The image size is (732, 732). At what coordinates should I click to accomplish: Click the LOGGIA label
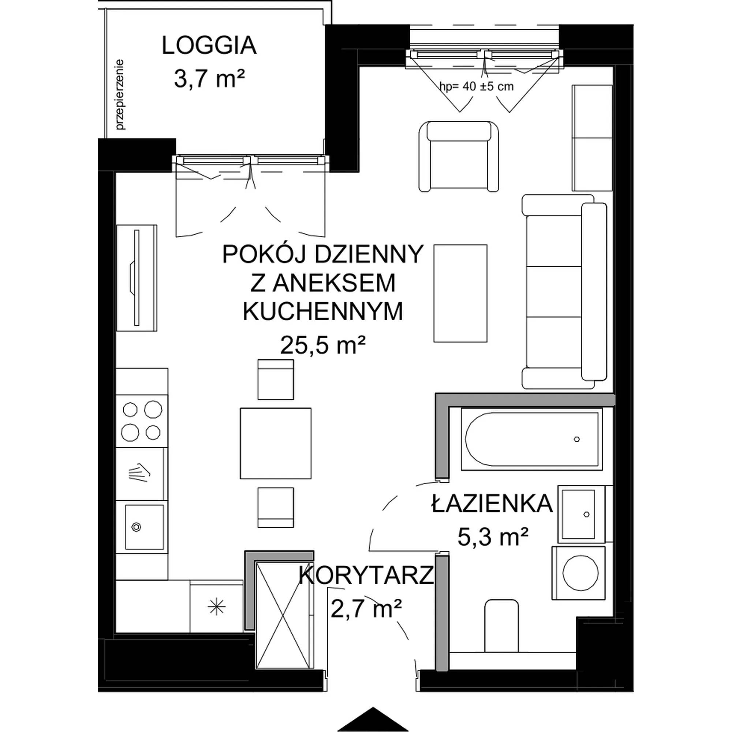coord(209,46)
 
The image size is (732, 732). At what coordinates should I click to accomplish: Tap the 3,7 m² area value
coord(209,79)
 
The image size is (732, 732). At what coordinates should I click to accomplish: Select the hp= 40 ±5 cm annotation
coord(476,87)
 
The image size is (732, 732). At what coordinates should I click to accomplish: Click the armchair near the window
coord(459,156)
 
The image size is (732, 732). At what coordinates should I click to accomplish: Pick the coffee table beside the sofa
coord(460,293)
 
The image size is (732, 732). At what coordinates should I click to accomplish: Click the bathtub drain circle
coord(577,439)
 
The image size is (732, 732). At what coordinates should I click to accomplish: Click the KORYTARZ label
coord(366,575)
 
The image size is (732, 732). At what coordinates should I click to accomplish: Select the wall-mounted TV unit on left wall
coord(137,278)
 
